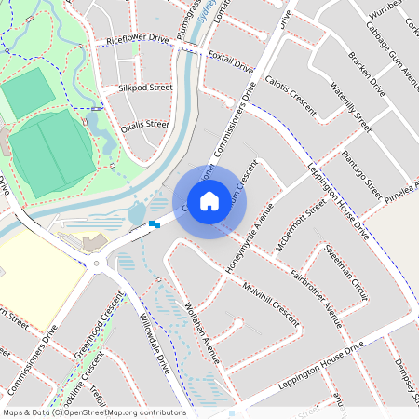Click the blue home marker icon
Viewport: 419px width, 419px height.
209,200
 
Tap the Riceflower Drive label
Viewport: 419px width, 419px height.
137,40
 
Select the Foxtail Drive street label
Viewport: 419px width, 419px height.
231,61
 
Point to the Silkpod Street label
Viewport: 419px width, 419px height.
144,87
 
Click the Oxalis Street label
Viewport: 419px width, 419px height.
144,123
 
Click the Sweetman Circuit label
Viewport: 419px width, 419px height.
346,271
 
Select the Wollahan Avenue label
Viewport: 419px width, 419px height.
201,331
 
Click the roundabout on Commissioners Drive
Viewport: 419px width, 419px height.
96,264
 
